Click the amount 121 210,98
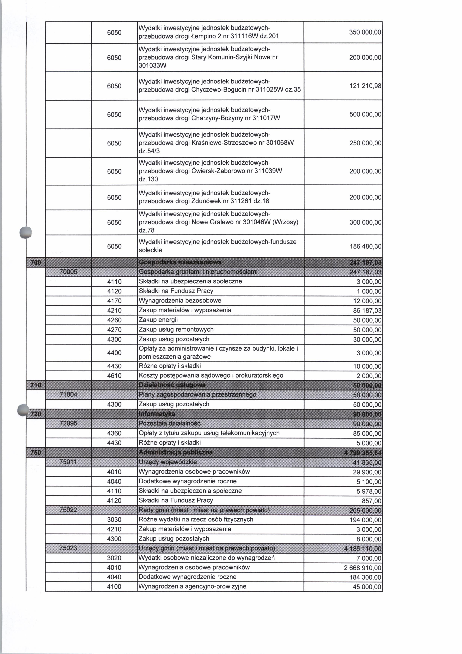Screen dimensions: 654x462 (x=365, y=86)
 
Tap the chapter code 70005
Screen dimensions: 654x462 (x=68, y=272)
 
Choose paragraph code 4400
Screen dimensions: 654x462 (x=114, y=353)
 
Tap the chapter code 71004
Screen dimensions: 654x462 (x=68, y=395)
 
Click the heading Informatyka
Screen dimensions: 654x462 (x=157, y=414)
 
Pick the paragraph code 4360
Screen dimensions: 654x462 (x=114, y=433)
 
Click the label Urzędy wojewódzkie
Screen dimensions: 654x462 (x=167, y=462)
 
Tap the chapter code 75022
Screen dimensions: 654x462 (x=68, y=510)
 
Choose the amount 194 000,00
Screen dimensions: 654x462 (x=365, y=520)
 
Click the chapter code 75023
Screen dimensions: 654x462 (x=68, y=548)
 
